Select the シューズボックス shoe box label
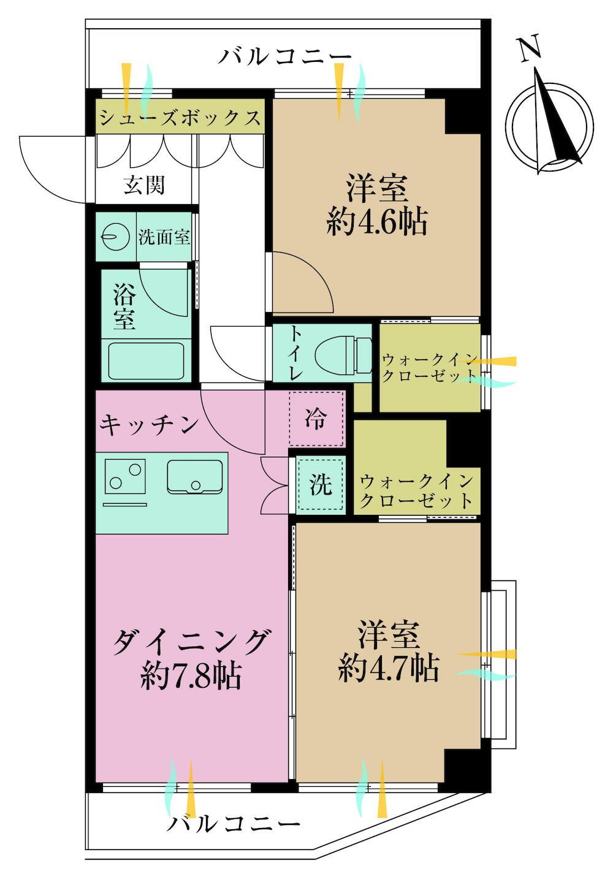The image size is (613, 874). (180, 116)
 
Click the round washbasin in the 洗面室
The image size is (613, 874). (115, 237)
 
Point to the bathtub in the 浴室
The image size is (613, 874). (146, 361)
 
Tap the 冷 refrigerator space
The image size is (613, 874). (316, 419)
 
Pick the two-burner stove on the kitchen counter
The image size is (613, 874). (125, 476)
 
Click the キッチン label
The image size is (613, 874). (149, 425)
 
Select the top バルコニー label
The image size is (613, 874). (285, 57)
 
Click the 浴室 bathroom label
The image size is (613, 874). (124, 306)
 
